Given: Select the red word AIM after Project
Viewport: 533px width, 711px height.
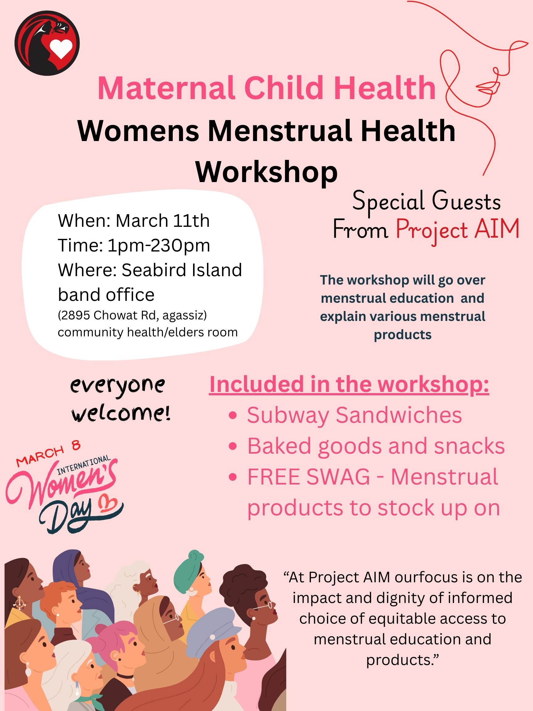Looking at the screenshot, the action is point(497,229).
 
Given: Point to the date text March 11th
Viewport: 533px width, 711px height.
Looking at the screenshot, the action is point(163,221).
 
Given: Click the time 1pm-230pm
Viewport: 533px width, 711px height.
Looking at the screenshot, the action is point(159,245).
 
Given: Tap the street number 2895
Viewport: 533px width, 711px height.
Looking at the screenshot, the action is point(76,315).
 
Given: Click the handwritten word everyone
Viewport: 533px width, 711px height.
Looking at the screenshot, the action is point(118,386).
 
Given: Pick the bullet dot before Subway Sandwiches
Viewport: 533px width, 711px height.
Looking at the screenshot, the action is point(233,416).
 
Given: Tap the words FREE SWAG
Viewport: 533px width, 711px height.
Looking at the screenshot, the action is point(308,477).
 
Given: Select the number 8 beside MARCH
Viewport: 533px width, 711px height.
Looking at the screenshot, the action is point(76,446).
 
